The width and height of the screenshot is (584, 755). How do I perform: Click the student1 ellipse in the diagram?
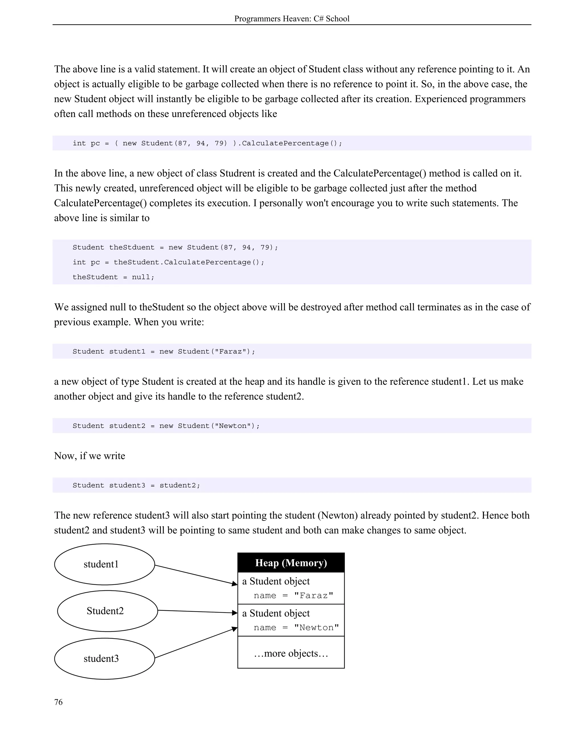point(104,564)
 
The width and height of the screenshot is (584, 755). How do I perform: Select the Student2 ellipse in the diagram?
point(107,611)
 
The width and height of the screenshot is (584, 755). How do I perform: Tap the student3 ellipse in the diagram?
point(104,658)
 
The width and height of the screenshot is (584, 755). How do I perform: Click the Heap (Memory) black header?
point(291,563)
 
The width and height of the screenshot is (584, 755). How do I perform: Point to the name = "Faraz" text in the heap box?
point(293,595)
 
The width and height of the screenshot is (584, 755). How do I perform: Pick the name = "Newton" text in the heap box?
point(296,627)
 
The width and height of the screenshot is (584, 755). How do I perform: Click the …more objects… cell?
point(291,654)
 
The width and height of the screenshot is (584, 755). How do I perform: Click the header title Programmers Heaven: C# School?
point(292,19)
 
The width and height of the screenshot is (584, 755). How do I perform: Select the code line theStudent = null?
point(113,277)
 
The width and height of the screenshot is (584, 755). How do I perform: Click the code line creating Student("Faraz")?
point(164,351)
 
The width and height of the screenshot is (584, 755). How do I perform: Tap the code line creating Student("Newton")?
point(166,426)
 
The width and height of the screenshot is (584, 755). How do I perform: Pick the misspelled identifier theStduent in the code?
point(132,247)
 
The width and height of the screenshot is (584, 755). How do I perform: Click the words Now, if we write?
point(90,456)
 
